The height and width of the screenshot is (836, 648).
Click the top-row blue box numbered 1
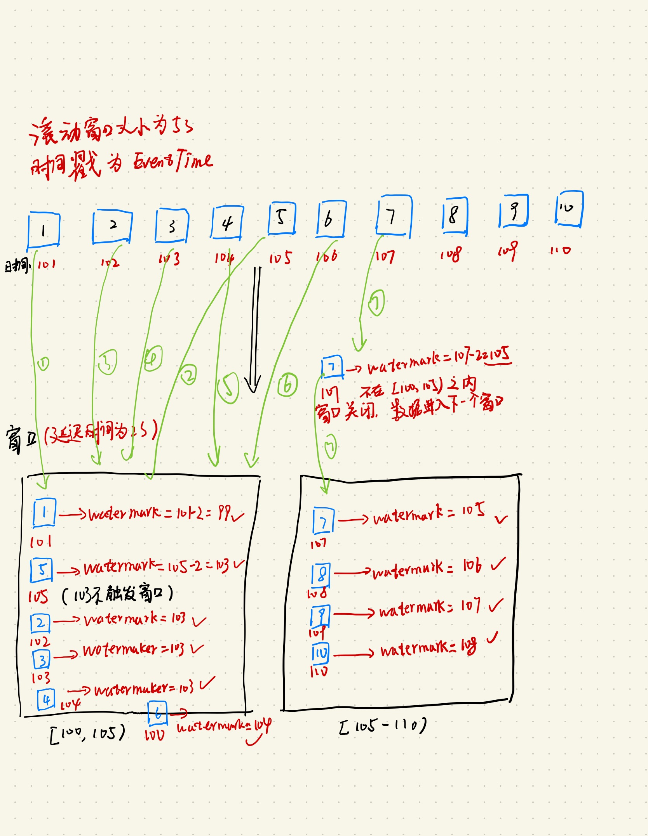(x=44, y=230)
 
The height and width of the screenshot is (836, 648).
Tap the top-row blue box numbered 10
(x=569, y=209)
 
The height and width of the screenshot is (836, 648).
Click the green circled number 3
(x=108, y=362)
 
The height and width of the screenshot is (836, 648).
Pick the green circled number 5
(x=228, y=388)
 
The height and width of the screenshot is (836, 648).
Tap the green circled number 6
(x=288, y=385)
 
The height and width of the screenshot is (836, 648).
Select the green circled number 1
(x=43, y=364)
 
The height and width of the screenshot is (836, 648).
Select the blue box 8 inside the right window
(x=321, y=574)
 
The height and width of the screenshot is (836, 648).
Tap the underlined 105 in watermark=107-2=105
(x=500, y=355)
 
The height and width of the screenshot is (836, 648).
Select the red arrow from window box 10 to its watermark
(x=354, y=655)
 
